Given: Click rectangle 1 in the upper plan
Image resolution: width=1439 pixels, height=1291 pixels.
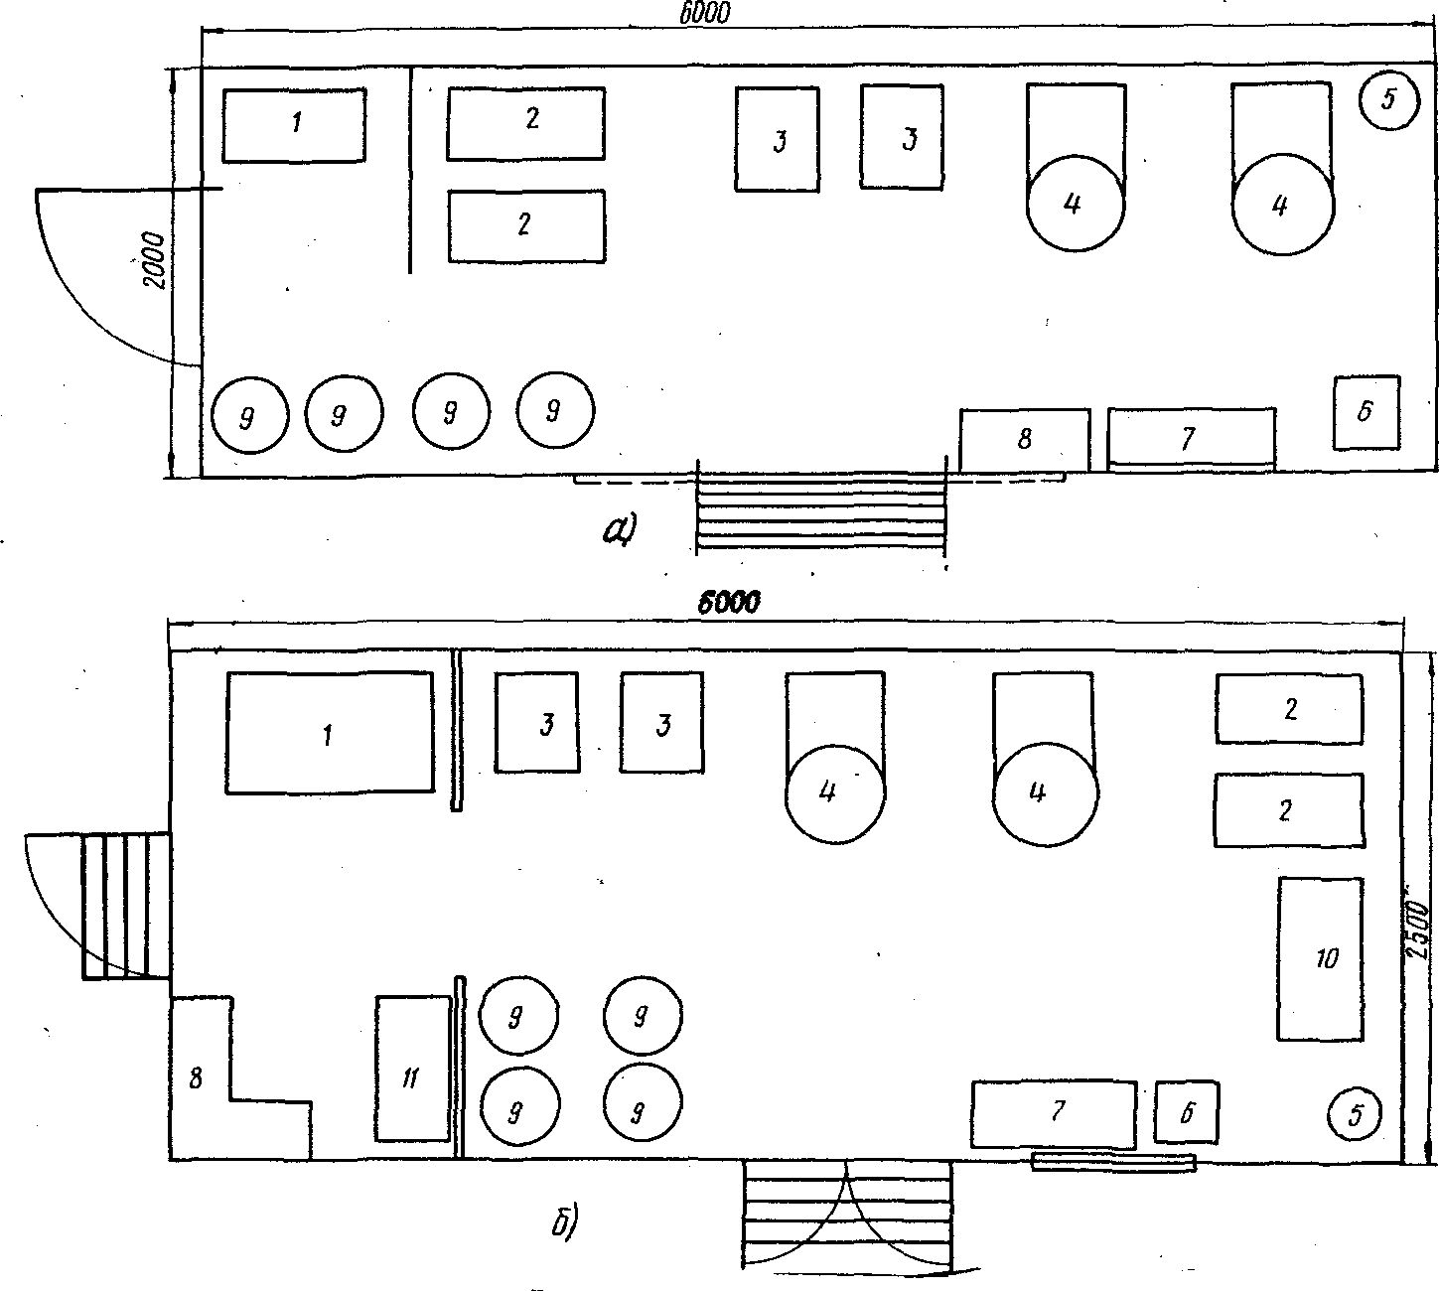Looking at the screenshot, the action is (294, 126).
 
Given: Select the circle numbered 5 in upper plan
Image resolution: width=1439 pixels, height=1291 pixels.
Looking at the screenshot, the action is (1389, 100).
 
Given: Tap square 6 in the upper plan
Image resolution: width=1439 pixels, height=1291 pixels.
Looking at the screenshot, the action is (1367, 412).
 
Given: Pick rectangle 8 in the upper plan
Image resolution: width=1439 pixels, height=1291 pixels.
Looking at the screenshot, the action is (1024, 440).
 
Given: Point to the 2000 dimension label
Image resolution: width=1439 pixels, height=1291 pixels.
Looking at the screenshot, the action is (155, 260).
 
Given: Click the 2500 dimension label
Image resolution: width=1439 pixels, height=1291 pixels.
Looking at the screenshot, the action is (1418, 930).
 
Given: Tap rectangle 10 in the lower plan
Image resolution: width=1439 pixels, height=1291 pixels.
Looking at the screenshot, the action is (1321, 958).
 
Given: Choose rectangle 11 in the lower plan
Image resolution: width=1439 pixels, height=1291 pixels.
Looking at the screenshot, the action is (413, 1069).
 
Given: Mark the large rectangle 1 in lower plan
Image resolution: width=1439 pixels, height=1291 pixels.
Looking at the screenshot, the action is (330, 732).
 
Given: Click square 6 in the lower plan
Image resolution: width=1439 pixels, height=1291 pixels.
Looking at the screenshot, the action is (1186, 1112).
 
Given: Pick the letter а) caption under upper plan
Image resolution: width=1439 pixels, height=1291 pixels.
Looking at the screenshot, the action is (620, 529).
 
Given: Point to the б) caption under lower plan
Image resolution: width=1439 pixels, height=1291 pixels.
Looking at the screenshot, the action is (565, 1220).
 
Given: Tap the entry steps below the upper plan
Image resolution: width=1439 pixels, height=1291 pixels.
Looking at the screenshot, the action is (821, 512).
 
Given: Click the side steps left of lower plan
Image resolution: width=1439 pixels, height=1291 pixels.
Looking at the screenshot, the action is (126, 907).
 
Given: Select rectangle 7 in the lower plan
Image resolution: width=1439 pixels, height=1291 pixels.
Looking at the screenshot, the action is (1054, 1114).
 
